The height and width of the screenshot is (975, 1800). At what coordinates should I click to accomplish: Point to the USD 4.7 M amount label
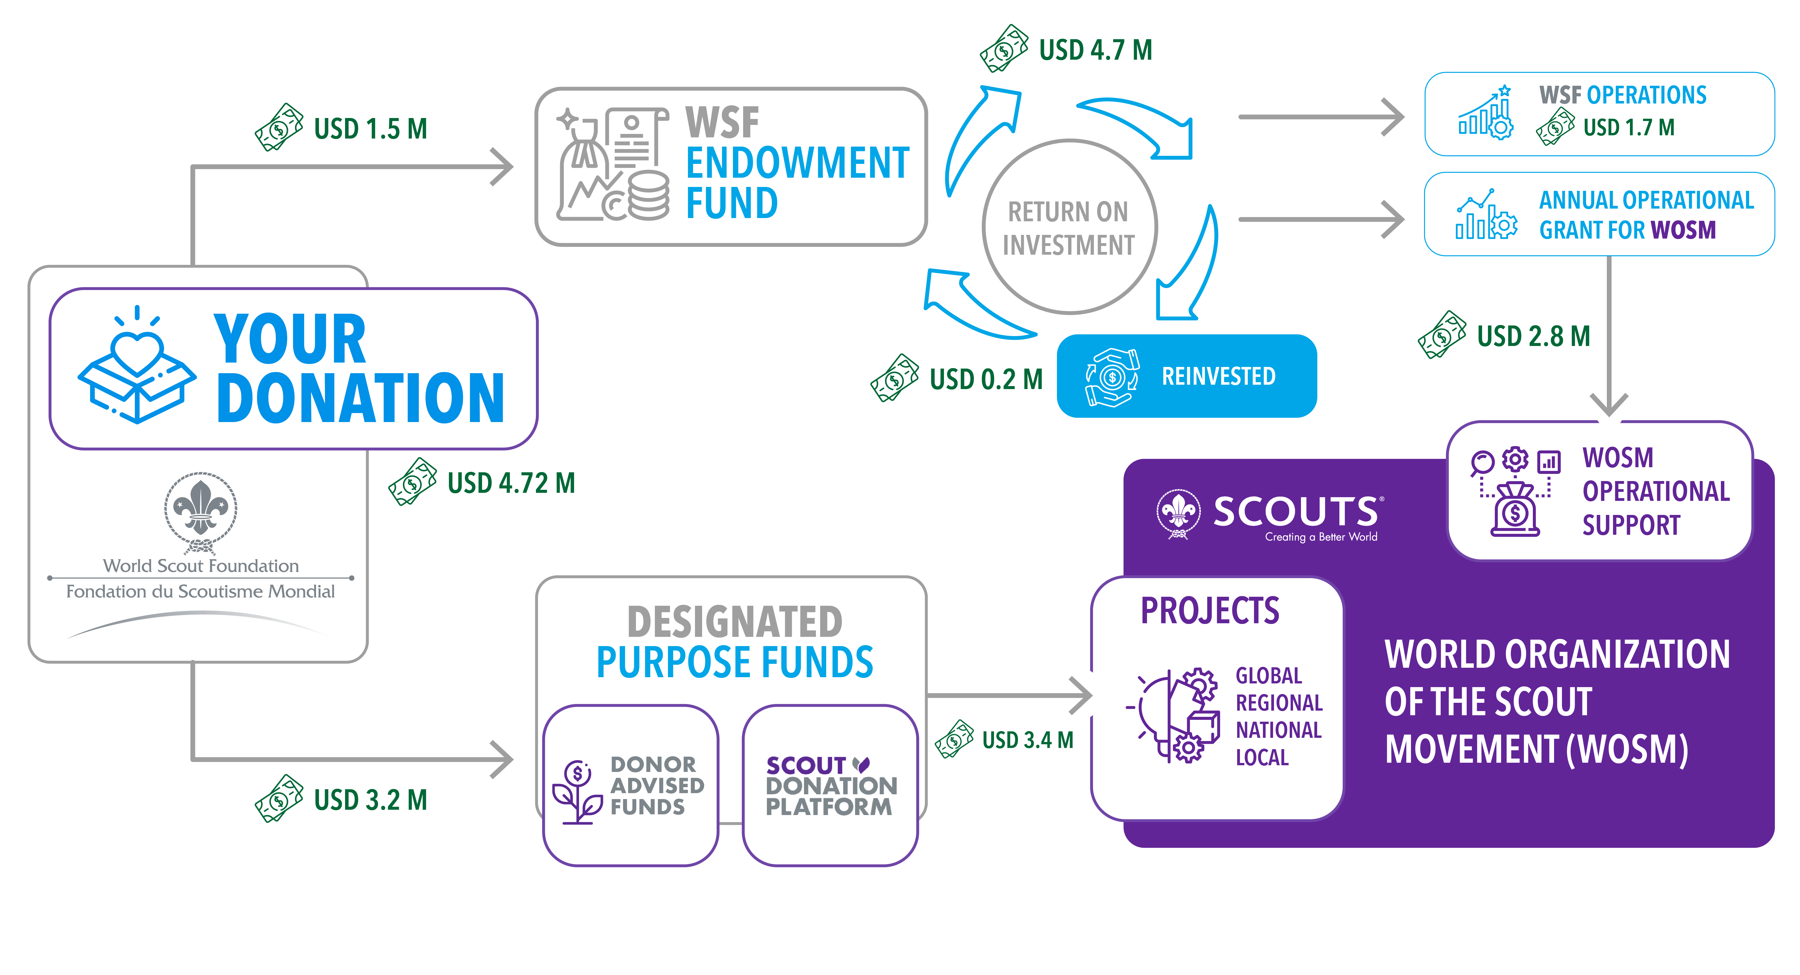1095,50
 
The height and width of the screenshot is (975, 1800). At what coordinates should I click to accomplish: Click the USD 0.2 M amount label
985,380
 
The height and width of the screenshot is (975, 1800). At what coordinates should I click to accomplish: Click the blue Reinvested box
1186,376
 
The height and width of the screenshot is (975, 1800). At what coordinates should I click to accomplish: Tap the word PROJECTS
1209,611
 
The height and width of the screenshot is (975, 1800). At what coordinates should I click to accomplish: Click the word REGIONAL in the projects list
1279,702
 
